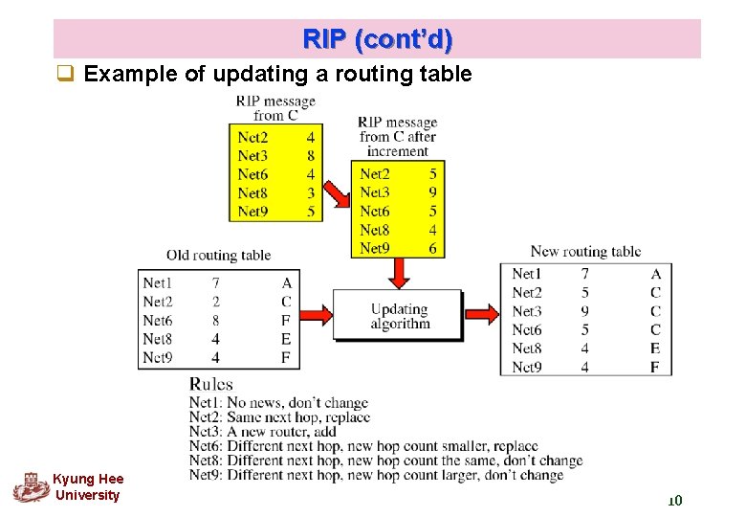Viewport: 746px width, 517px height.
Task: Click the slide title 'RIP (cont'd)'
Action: pos(378,40)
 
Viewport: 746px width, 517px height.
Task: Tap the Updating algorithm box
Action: pos(400,316)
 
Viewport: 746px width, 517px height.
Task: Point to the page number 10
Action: pos(673,501)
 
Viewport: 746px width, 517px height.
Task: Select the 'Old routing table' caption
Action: pos(218,255)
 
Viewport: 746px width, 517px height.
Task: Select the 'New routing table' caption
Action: pos(585,252)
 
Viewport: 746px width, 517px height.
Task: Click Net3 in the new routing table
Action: pos(527,311)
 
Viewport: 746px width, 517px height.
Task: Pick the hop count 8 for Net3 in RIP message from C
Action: pos(311,156)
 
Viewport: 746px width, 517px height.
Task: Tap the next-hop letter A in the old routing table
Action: pos(286,283)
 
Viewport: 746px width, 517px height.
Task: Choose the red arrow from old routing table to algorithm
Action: pos(316,313)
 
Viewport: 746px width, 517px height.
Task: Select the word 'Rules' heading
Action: pos(211,384)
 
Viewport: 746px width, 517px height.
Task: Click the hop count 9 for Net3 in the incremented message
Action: pos(433,192)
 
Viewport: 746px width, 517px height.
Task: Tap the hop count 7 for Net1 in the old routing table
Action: pos(216,283)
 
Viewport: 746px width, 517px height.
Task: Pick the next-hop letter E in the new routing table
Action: pos(655,348)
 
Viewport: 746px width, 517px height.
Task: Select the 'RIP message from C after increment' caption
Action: pos(397,136)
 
